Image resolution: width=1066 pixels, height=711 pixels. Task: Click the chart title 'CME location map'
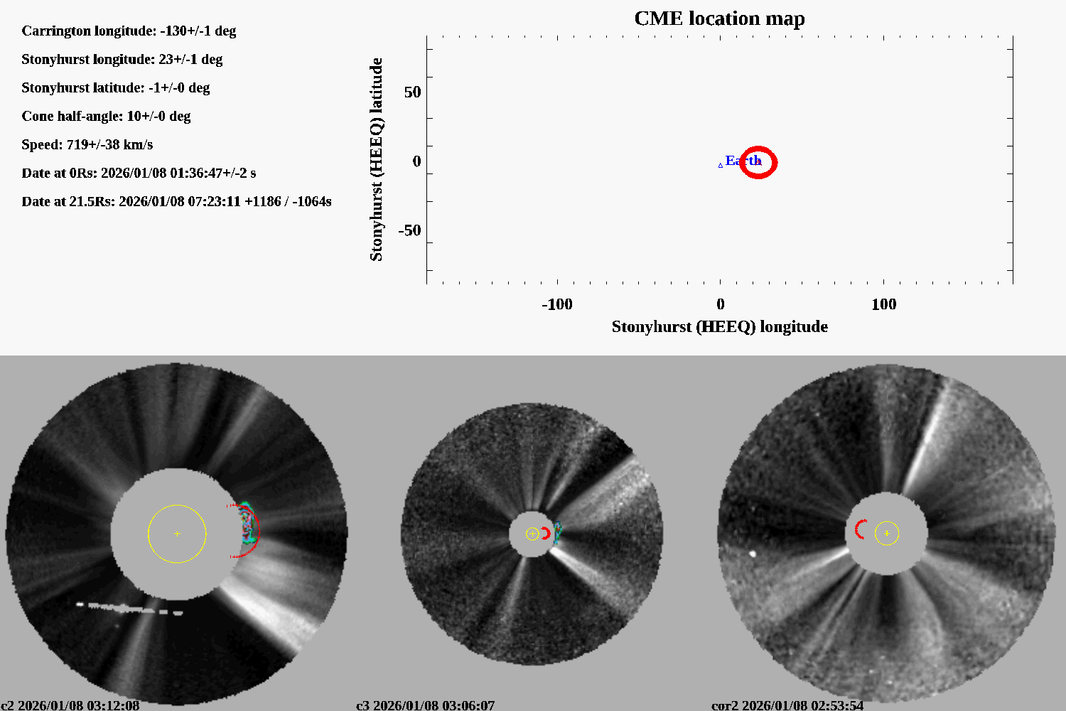[719, 18]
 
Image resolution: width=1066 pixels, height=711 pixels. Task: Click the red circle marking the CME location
[758, 163]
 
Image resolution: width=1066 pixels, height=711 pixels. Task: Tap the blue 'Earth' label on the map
[743, 161]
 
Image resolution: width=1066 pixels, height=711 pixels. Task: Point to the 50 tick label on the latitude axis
[412, 92]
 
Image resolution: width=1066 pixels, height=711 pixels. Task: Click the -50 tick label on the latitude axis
[409, 230]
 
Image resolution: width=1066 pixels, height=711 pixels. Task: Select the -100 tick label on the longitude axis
[556, 304]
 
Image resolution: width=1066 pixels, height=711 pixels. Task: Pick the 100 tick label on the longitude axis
[883, 304]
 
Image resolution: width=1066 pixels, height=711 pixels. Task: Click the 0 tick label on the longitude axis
[720, 304]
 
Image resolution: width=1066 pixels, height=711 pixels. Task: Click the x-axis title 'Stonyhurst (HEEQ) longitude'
[719, 326]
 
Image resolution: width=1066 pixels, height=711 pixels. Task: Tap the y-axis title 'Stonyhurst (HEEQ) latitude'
[376, 159]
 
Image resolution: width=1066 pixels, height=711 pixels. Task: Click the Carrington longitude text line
[129, 31]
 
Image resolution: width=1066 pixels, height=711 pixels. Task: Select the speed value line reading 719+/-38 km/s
[87, 144]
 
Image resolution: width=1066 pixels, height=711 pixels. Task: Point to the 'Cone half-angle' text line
[106, 116]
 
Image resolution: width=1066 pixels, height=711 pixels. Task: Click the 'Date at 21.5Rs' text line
[176, 201]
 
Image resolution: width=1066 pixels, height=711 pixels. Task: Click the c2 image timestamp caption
[70, 705]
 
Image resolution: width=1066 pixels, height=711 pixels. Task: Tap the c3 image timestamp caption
[425, 705]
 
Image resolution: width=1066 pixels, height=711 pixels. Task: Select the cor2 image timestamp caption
[787, 705]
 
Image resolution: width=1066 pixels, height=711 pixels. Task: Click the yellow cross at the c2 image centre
[177, 533]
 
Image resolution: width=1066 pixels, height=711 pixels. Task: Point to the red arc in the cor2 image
[859, 529]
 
